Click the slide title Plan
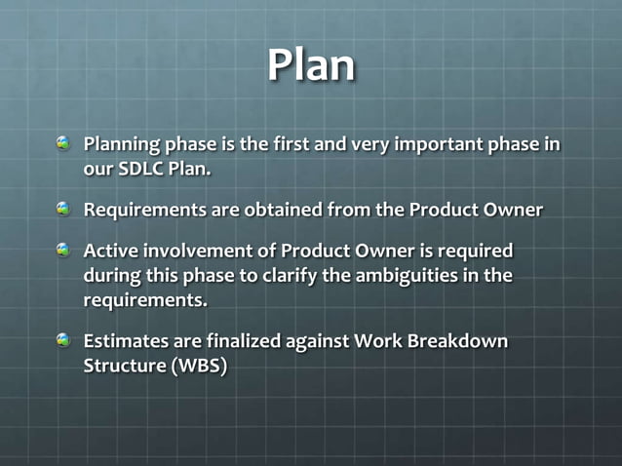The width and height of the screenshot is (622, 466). click(311, 64)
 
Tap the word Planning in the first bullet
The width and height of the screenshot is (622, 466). click(121, 144)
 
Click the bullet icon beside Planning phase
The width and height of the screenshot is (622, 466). click(64, 144)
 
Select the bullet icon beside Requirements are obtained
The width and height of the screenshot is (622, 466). click(64, 209)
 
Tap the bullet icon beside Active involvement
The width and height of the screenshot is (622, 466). click(64, 251)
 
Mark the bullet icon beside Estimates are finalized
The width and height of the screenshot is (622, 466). click(64, 341)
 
